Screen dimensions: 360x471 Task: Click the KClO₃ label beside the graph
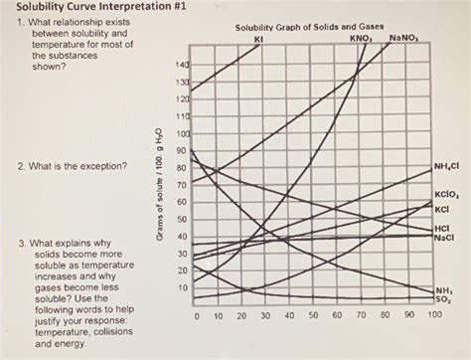[444, 197]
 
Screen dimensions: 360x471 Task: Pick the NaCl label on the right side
[443, 240]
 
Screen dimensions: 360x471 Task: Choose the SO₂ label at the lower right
[442, 298]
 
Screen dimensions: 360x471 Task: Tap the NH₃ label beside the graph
[442, 289]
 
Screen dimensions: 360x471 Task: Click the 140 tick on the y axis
[182, 66]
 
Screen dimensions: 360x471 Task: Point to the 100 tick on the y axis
[182, 133]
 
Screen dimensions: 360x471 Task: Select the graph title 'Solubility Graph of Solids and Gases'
[311, 27]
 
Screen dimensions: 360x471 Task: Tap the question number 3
[10, 243]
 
